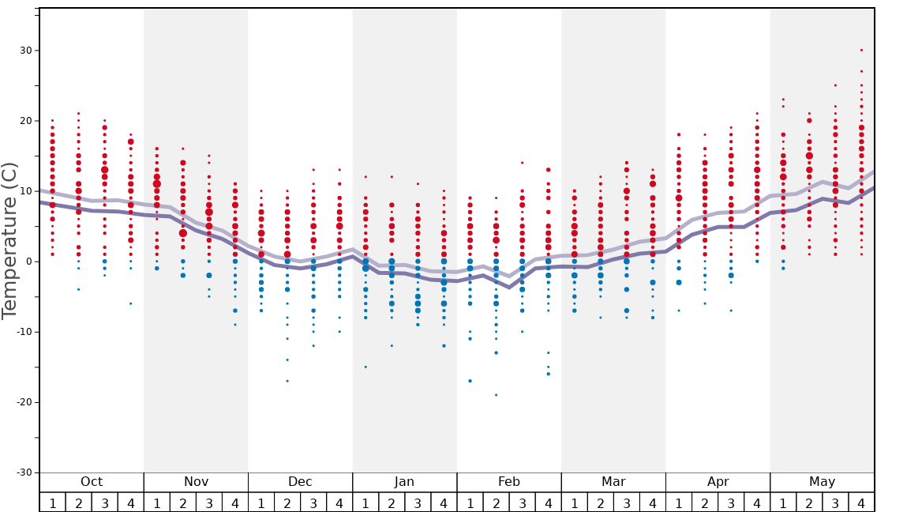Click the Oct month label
(92, 482)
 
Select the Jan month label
(404, 482)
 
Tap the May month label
(822, 482)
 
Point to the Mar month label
(613, 482)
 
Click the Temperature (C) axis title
(9, 240)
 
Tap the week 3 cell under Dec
(313, 503)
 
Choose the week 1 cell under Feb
(470, 503)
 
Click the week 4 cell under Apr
(757, 503)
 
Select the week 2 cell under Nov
(183, 503)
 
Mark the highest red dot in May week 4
(861, 51)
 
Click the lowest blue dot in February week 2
(496, 395)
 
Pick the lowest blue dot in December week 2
(287, 381)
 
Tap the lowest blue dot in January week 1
(365, 367)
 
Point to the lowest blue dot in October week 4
(131, 303)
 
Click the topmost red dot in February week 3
(522, 163)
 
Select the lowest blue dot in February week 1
(470, 381)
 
